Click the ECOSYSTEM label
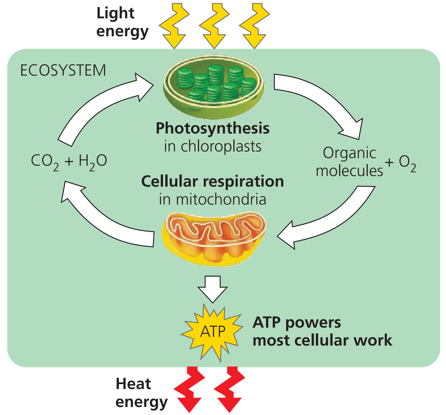coord(63,70)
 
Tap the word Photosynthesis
coord(213,128)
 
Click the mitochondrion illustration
coord(214,238)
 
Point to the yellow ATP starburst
coord(213,331)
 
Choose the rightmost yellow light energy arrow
coord(254,25)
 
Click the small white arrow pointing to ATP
coord(213,288)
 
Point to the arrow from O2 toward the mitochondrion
coord(329,218)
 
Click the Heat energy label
coord(141,393)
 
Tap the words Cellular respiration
coord(213,182)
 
